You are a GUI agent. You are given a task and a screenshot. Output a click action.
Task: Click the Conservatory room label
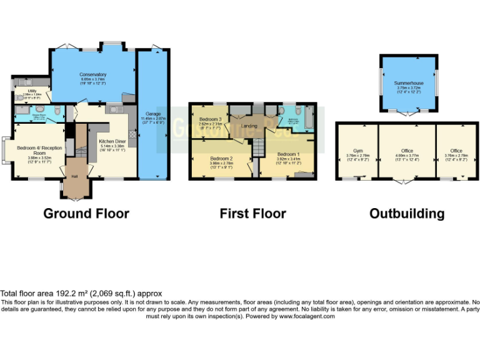(92, 74)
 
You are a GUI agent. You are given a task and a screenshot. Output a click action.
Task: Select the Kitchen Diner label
(112, 141)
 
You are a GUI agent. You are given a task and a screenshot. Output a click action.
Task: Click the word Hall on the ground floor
(74, 177)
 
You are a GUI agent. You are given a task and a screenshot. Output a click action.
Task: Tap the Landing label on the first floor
(250, 126)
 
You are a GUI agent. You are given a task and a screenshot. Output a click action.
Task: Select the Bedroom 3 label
(211, 119)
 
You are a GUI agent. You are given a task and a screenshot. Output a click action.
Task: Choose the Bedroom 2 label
(221, 158)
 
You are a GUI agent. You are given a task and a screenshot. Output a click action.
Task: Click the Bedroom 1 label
(289, 154)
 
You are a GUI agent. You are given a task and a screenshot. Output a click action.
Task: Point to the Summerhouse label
(409, 82)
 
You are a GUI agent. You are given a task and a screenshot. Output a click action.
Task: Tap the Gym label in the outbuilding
(357, 151)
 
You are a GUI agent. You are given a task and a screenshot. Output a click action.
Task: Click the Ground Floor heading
(86, 214)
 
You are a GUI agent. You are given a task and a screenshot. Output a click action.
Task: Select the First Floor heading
(252, 214)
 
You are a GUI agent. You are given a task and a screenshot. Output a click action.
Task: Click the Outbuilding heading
(407, 214)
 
